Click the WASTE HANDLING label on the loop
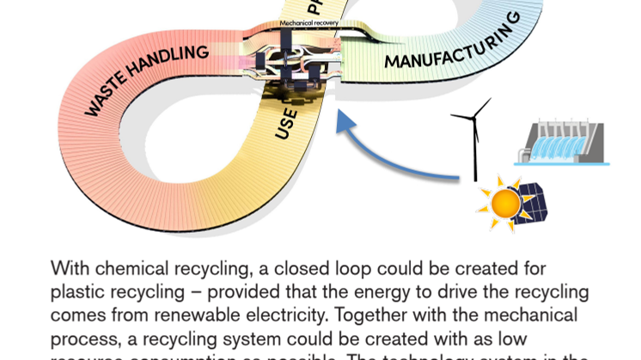[x=147, y=80]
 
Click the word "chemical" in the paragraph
[x=119, y=269]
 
